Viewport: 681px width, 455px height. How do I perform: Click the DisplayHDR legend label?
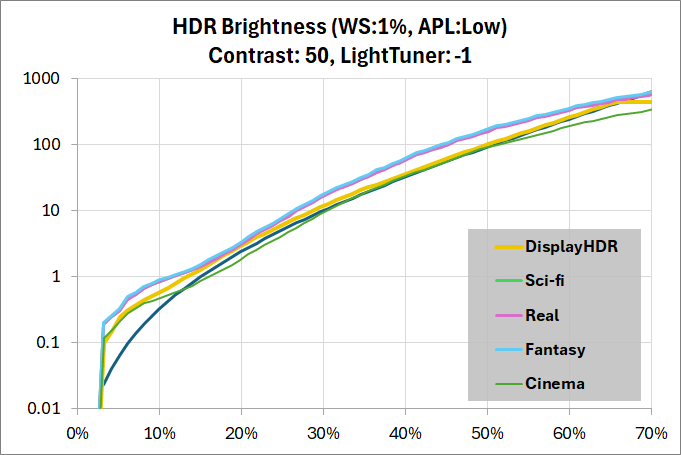tap(572, 247)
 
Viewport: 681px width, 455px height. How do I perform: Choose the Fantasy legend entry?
tap(557, 349)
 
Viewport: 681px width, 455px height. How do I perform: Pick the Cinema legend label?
tap(556, 383)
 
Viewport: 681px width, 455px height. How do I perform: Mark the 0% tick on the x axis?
tap(77, 434)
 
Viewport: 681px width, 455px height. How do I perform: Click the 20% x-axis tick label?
tap(241, 434)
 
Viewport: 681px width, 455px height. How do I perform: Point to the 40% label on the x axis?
tap(405, 434)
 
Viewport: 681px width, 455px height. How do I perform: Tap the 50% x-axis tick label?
tap(487, 434)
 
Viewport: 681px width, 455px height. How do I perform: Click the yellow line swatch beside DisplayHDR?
tap(509, 247)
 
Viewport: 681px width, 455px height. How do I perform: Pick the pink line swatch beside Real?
tap(509, 315)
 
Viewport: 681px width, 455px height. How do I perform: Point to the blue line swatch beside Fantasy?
tap(509, 349)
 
